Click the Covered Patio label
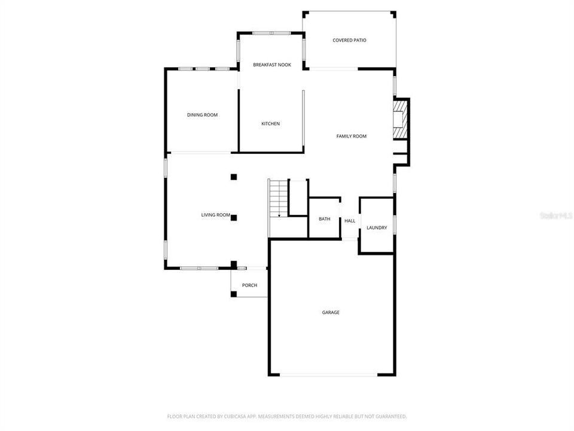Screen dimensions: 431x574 [349, 40]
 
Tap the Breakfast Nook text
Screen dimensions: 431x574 [272, 65]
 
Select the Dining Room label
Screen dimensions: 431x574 [202, 115]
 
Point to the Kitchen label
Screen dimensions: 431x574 [270, 124]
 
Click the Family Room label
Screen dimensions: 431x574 [351, 136]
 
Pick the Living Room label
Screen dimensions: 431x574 [215, 215]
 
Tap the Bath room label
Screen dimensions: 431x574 [324, 219]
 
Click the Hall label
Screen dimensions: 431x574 [350, 221]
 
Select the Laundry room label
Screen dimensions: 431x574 [377, 228]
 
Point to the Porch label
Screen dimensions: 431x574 [249, 286]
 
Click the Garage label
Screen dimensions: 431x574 [331, 312]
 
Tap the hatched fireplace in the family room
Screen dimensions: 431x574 [400, 120]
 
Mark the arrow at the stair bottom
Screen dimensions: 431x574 [279, 215]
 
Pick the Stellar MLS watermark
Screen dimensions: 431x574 [555, 215]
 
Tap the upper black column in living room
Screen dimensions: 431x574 [234, 177]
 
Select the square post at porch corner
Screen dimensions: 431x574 [233, 294]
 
